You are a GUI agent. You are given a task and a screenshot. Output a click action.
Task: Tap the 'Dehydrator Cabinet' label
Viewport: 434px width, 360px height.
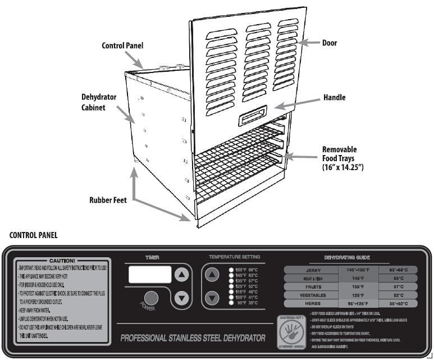pyautogui.click(x=98, y=102)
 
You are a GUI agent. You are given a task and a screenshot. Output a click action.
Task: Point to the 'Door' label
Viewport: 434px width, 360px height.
pyautogui.click(x=329, y=43)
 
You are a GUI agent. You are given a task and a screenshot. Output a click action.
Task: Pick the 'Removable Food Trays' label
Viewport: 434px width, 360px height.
pyautogui.click(x=342, y=158)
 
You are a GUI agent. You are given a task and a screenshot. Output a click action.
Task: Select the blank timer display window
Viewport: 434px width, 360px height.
pyautogui.click(x=150, y=275)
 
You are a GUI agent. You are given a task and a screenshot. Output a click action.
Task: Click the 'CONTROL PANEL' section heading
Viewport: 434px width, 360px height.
pyautogui.click(x=34, y=235)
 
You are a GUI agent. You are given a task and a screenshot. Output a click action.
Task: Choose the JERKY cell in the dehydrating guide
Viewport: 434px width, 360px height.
pyautogui.click(x=310, y=270)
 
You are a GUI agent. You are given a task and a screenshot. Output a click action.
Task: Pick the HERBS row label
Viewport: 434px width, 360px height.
pyautogui.click(x=310, y=302)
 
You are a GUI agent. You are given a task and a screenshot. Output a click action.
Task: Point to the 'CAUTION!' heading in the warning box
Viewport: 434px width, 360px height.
pyautogui.click(x=62, y=261)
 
